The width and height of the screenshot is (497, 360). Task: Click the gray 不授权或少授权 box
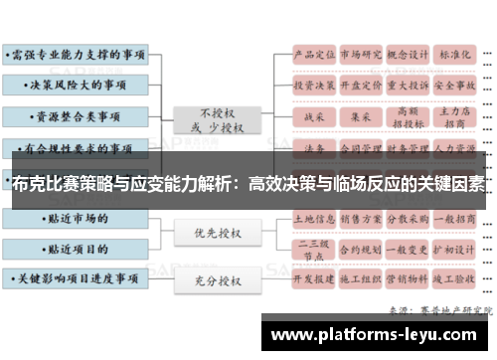tap(216, 119)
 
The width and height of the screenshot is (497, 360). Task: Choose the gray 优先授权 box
tap(216, 235)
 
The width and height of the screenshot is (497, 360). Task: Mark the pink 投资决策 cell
tap(313, 86)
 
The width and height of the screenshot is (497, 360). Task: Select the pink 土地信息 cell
tap(313, 216)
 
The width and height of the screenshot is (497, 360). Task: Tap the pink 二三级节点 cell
tap(313, 247)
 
